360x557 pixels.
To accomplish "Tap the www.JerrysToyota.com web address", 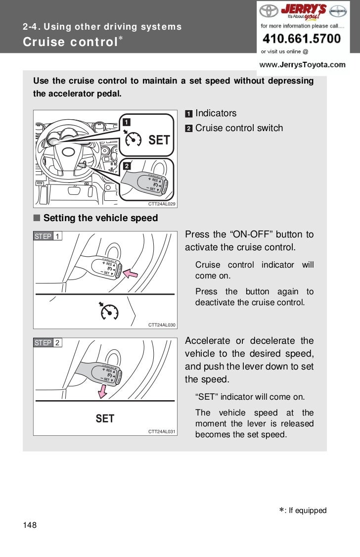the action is pyautogui.click(x=303, y=64).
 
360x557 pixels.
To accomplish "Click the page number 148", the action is pyautogui.click(x=29, y=524).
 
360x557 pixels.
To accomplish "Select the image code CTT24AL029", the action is pyautogui.click(x=162, y=204).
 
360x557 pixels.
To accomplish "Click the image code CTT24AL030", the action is pyautogui.click(x=162, y=325).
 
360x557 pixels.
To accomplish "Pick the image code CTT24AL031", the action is pyautogui.click(x=162, y=432).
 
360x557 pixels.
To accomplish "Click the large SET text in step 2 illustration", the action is pyautogui.click(x=105, y=419).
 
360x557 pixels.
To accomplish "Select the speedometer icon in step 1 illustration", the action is pyautogui.click(x=109, y=311).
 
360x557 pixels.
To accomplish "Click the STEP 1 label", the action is pyautogui.click(x=47, y=236).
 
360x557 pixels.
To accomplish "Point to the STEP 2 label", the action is pyautogui.click(x=47, y=343).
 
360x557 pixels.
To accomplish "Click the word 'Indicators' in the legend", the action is pyautogui.click(x=216, y=113).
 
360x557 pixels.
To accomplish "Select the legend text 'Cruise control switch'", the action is pyautogui.click(x=239, y=128).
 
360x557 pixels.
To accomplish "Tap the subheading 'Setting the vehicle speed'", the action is pyautogui.click(x=100, y=218).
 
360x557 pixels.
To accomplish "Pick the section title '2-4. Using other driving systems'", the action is pyautogui.click(x=102, y=27).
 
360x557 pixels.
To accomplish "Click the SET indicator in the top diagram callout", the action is pyautogui.click(x=159, y=140).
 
